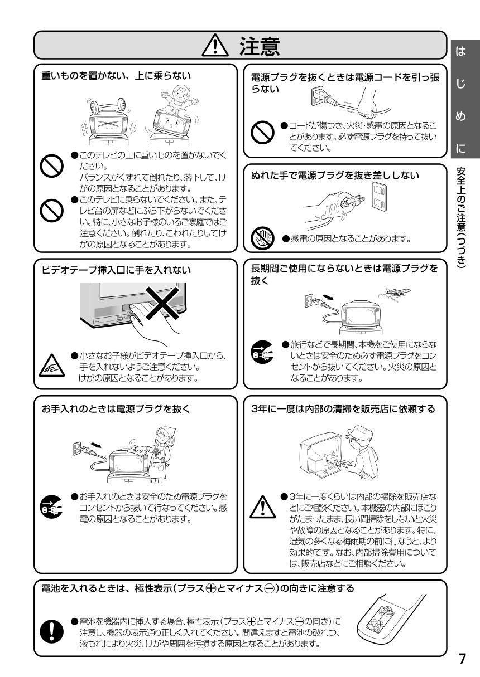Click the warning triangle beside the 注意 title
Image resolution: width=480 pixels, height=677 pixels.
click(215, 45)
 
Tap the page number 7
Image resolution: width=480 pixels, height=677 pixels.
click(462, 659)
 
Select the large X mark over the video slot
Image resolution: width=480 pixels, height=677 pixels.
click(162, 302)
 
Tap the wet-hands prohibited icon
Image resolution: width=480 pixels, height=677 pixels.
click(262, 238)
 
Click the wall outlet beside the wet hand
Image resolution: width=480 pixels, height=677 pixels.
click(380, 196)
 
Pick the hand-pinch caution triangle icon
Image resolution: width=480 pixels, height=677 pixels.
click(52, 366)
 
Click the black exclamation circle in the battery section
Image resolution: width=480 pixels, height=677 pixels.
click(52, 631)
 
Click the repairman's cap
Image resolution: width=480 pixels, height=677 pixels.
click(360, 433)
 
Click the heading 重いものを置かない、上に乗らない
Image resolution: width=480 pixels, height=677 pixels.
click(116, 75)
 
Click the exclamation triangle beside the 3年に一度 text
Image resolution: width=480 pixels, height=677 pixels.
click(263, 507)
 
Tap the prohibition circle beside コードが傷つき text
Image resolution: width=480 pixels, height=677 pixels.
click(262, 133)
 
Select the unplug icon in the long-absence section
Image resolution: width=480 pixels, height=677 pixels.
click(262, 353)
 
